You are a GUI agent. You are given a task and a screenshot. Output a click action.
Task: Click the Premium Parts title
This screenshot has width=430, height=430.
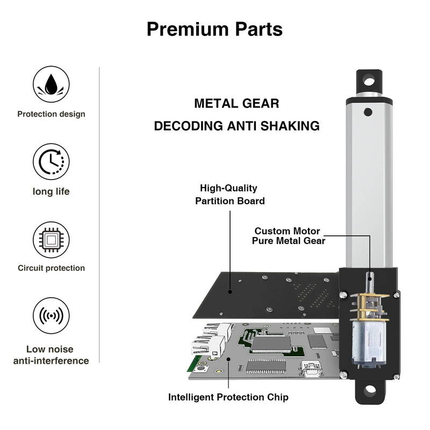click(x=214, y=29)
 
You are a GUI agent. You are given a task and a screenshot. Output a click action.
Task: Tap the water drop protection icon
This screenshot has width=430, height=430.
click(x=51, y=84)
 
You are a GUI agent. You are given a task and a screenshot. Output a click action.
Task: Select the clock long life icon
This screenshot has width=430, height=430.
click(x=51, y=161)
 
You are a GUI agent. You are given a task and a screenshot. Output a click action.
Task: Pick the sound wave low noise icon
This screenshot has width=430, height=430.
click(x=51, y=316)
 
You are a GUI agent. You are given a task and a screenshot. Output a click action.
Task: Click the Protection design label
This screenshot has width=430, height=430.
click(x=51, y=114)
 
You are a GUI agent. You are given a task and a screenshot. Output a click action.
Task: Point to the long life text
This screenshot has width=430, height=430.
click(x=51, y=191)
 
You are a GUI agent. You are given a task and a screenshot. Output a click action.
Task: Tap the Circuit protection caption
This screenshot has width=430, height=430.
click(x=51, y=268)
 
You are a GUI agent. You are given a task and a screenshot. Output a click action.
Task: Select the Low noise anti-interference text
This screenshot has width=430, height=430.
click(x=51, y=355)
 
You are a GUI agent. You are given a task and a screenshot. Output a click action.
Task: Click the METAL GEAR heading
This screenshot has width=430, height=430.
click(x=236, y=103)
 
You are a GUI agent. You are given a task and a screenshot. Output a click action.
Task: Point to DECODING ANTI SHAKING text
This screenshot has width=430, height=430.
click(x=236, y=126)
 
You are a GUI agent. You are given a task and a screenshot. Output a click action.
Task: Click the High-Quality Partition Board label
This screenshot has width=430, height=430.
click(x=229, y=195)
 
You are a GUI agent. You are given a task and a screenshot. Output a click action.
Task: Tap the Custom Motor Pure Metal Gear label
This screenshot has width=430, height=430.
click(x=289, y=236)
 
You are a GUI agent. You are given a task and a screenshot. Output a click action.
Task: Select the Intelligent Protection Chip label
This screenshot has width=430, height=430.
click(x=228, y=397)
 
